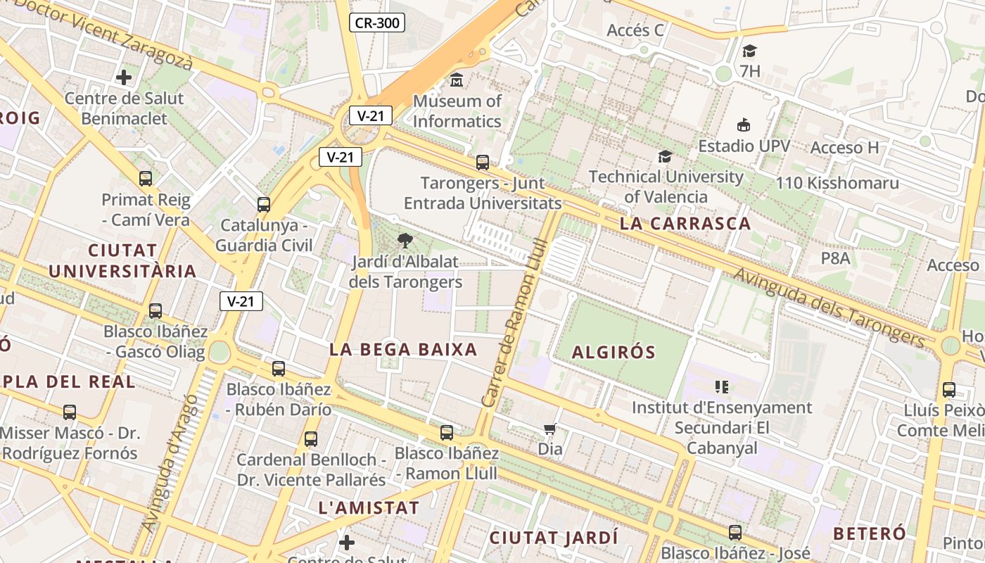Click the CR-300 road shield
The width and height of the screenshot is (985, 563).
coord(377,23)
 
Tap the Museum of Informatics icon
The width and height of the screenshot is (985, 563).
coord(457,80)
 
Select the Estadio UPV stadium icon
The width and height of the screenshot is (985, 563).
coord(743,125)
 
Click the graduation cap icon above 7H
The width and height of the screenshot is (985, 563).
coord(749,51)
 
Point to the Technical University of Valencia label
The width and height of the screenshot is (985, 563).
coord(666,186)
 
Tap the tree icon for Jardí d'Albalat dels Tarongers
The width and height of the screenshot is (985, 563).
coord(405,241)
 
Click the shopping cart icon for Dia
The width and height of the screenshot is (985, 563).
coord(550,429)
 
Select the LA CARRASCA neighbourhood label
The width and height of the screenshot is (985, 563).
coord(685,224)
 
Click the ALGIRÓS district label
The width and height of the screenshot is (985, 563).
coord(614,353)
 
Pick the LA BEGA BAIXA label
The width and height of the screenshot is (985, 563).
coord(403,349)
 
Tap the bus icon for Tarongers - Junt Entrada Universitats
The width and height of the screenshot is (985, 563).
coord(483,163)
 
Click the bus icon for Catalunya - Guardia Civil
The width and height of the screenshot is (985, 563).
coord(264,205)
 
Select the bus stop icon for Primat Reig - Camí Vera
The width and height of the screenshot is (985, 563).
coord(146,179)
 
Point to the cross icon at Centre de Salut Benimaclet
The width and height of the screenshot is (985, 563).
coord(124,77)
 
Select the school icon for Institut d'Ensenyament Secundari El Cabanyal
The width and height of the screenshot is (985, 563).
coord(721,386)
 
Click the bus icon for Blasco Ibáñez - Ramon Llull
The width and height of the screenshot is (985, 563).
coord(447,433)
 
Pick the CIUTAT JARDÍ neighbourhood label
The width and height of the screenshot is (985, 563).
coord(554,538)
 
